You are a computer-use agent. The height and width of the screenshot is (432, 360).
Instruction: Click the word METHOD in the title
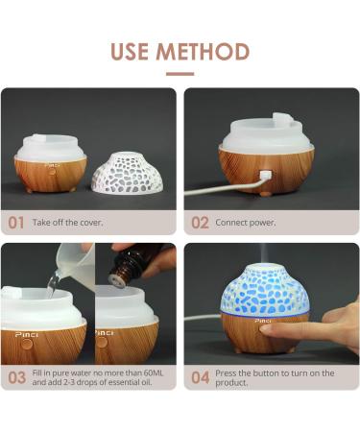point(204,51)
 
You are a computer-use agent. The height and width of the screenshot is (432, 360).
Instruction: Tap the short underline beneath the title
point(180,73)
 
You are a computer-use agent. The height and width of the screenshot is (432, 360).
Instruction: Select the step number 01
point(15,223)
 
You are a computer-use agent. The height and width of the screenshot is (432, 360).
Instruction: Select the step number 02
point(200,223)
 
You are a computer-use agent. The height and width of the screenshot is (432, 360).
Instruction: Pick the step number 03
point(15,377)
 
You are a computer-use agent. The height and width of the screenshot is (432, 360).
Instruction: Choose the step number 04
point(200,377)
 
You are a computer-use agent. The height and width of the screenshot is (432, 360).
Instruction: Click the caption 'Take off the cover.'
point(68,223)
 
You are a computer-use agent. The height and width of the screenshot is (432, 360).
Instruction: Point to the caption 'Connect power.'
point(249,223)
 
